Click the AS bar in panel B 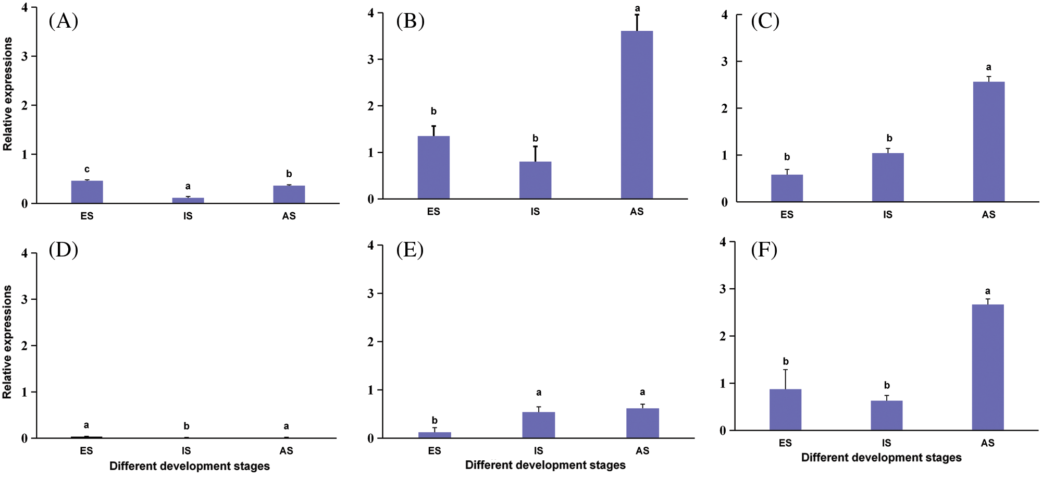click(637, 115)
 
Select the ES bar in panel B click(433, 167)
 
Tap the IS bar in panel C click(888, 177)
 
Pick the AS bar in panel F click(988, 367)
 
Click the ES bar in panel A click(87, 192)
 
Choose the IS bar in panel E click(538, 425)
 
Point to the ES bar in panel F click(785, 409)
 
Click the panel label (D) click(63, 250)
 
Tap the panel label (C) click(765, 21)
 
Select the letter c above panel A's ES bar click(87, 169)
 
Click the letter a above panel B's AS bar click(637, 8)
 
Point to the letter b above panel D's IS click(187, 426)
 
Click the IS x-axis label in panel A click(188, 216)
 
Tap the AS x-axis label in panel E click(642, 450)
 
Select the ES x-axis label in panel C click(787, 214)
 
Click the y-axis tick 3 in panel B click(371, 59)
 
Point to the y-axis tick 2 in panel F click(723, 336)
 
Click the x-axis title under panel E click(545, 464)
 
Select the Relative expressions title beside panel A click(7, 94)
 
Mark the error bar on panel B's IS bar click(535, 154)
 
